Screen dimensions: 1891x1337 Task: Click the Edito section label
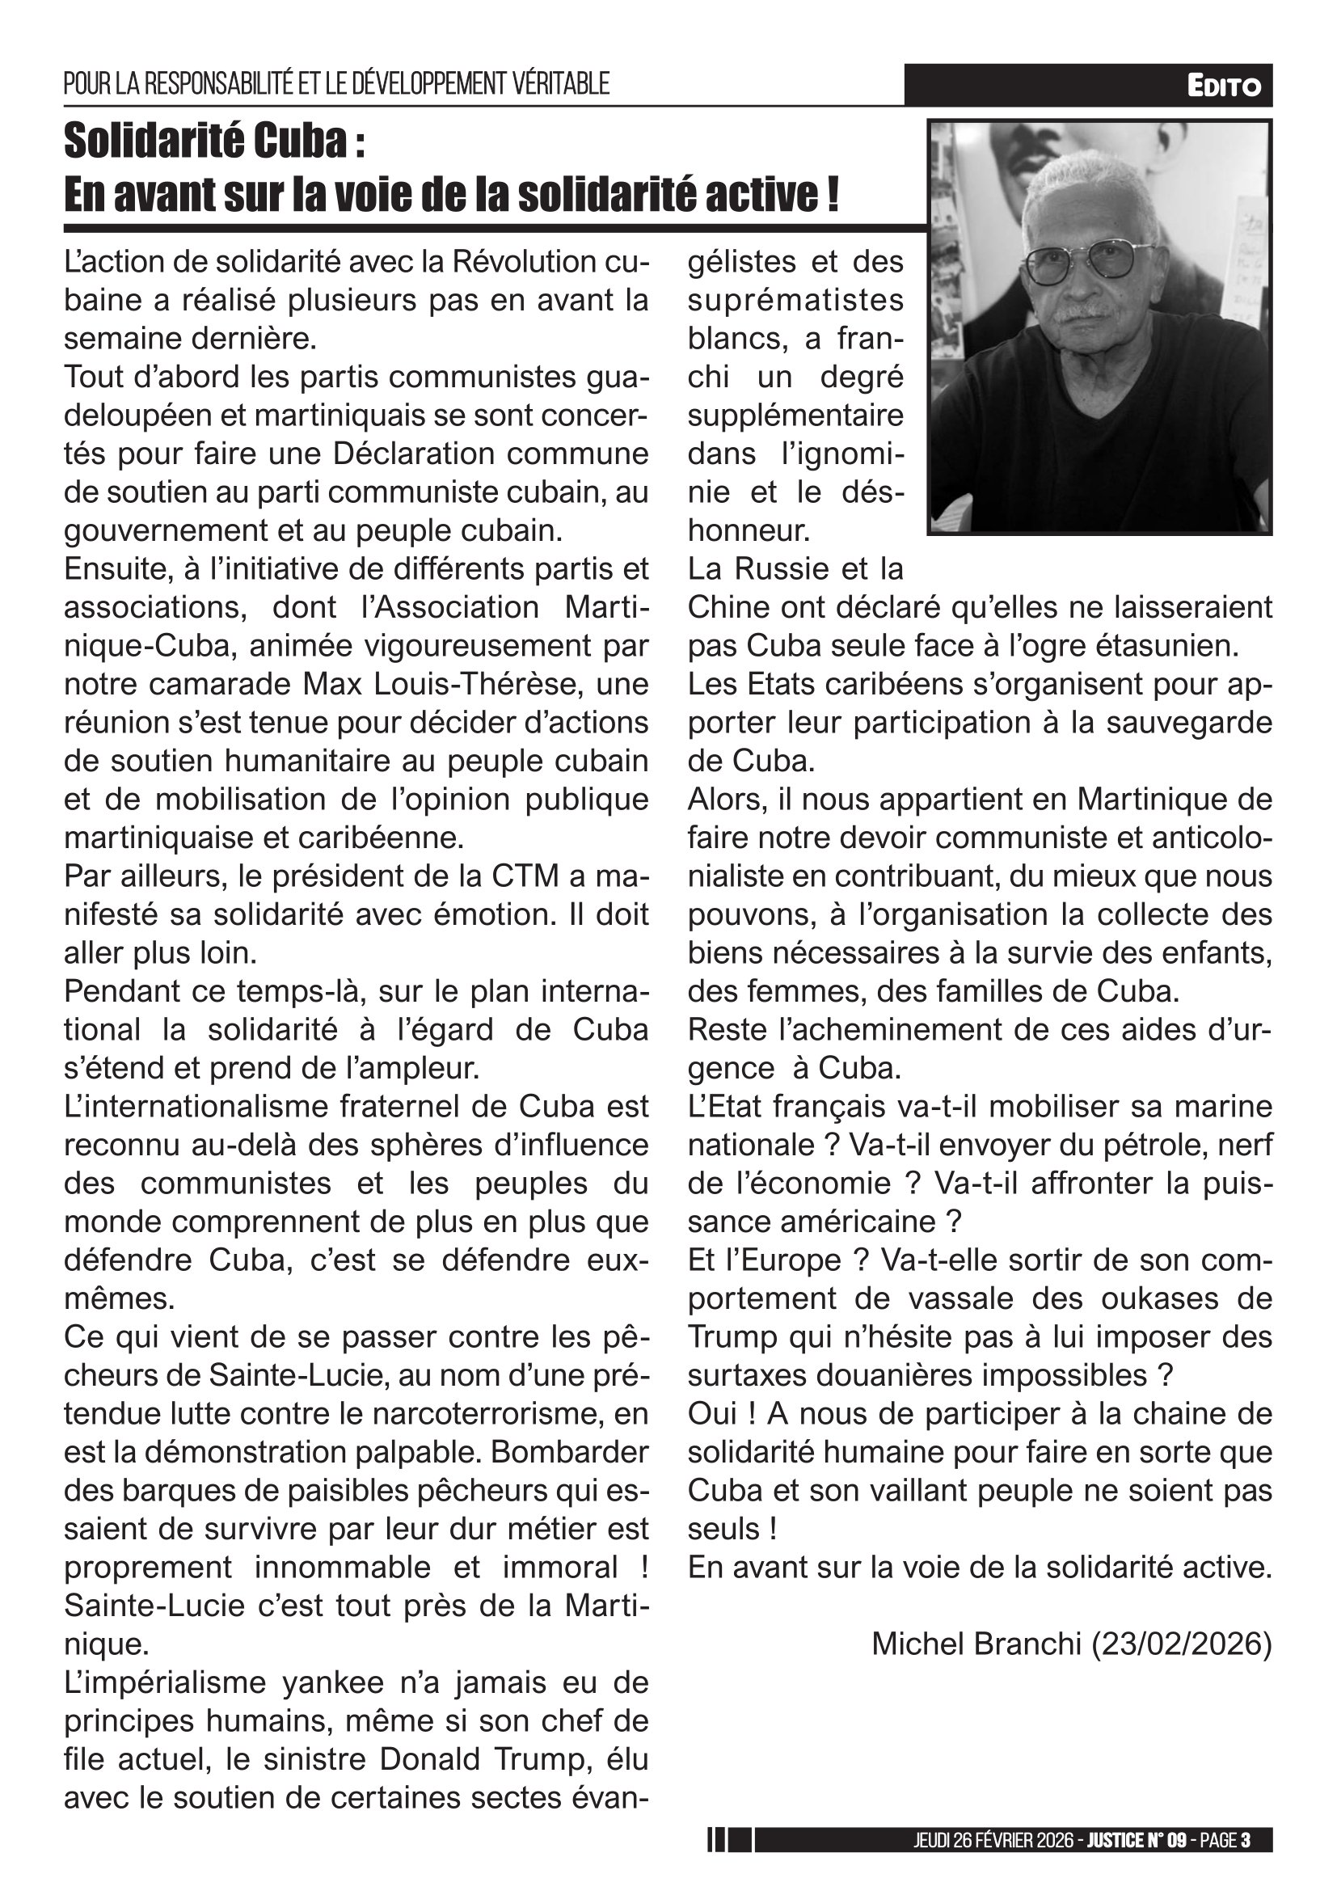coord(1223,86)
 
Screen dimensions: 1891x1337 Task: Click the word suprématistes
coord(795,301)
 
